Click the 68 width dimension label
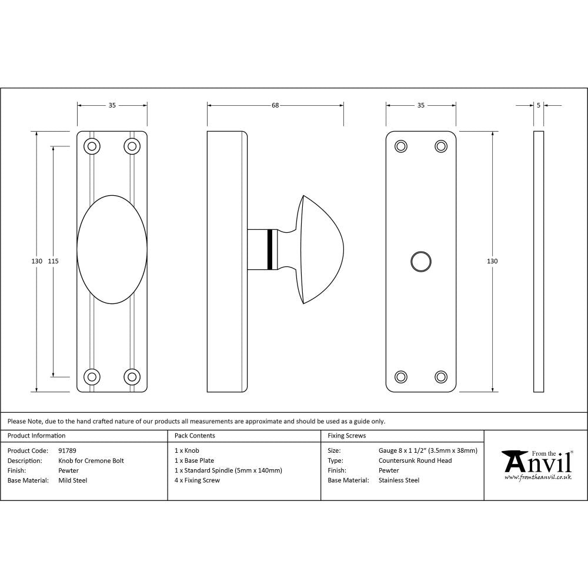pyautogui.click(x=275, y=106)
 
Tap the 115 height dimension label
pyautogui.click(x=53, y=261)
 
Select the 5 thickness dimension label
pyautogui.click(x=539, y=106)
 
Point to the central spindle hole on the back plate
pyautogui.click(x=420, y=262)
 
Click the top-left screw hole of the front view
pyautogui.click(x=92, y=146)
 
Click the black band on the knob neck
pyautogui.click(x=270, y=249)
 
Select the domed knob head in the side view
pyautogui.click(x=320, y=249)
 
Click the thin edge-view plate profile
pyautogui.click(x=539, y=262)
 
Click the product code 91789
pyautogui.click(x=68, y=451)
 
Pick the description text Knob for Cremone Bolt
pyautogui.click(x=91, y=461)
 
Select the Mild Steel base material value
pyautogui.click(x=73, y=480)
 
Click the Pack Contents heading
pyautogui.click(x=195, y=436)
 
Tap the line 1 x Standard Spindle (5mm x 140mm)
pyautogui.click(x=228, y=470)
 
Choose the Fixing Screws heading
pyautogui.click(x=346, y=436)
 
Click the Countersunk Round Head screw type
pyautogui.click(x=415, y=461)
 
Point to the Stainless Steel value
pyautogui.click(x=399, y=480)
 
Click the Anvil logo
pyautogui.click(x=536, y=465)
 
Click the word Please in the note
pyautogui.click(x=17, y=421)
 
